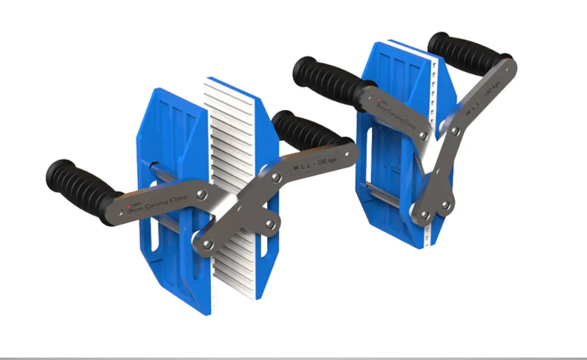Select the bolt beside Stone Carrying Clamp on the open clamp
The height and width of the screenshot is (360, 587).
click(x=202, y=194)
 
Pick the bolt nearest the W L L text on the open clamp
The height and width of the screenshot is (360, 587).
click(x=276, y=178)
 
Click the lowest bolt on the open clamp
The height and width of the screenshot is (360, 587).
click(x=207, y=244)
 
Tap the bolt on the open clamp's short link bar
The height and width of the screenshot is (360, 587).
click(x=270, y=224)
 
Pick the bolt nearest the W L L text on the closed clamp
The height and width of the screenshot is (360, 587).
click(x=455, y=131)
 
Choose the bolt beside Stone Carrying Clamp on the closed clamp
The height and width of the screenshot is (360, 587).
click(x=424, y=136)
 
